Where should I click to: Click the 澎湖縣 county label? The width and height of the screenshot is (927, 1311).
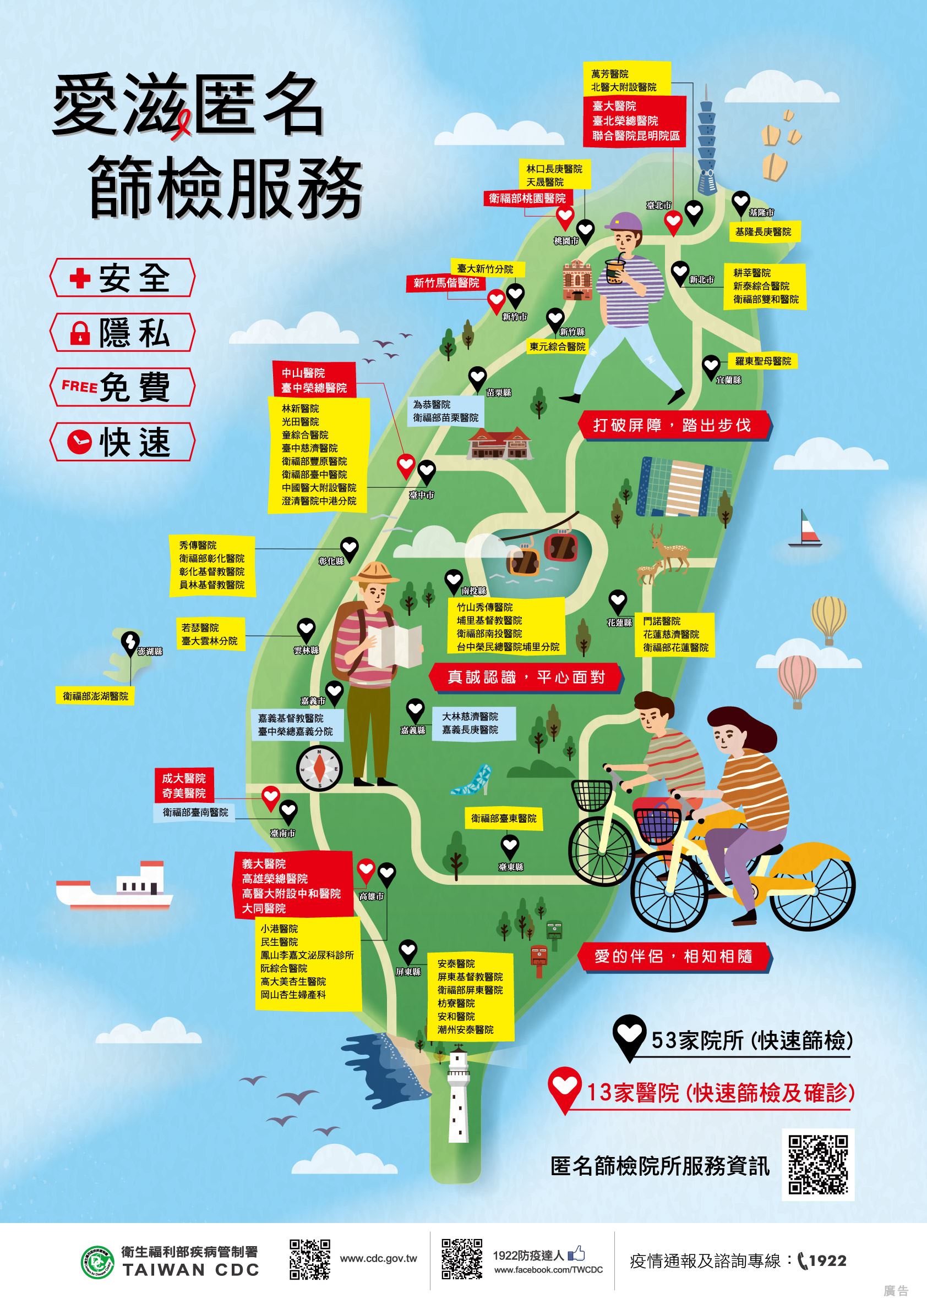click(150, 651)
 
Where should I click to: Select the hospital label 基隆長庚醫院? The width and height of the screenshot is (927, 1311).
click(763, 232)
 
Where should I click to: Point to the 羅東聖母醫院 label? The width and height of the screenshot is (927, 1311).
click(763, 361)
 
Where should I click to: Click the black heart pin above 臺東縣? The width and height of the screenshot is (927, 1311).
click(509, 845)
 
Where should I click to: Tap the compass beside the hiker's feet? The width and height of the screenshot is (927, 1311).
click(319, 768)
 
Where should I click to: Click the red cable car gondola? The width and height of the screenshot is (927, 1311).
click(560, 545)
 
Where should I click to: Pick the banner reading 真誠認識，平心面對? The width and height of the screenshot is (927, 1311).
click(525, 677)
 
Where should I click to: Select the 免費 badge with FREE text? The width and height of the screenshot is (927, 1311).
click(122, 387)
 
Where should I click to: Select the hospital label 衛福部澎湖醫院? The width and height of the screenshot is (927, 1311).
click(95, 696)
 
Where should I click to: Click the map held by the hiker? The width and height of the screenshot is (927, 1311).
click(394, 645)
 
